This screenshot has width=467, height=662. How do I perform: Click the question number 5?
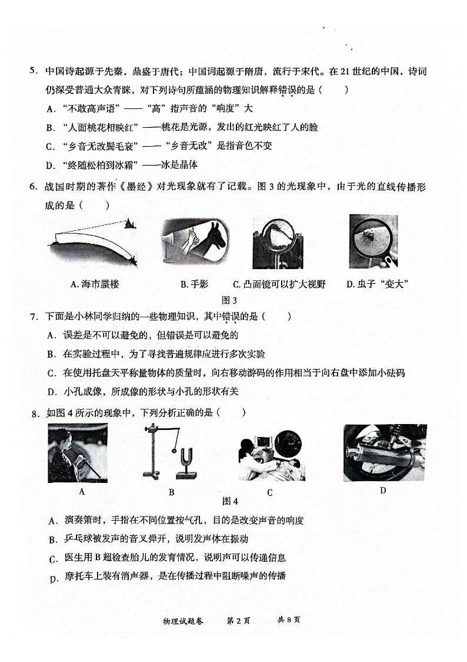tap(33, 72)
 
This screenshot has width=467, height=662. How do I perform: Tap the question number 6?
tap(34, 187)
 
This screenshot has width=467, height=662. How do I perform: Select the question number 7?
tap(34, 316)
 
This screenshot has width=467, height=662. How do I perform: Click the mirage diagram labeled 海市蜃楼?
tap(94, 241)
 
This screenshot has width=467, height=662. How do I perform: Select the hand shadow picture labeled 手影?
tap(190, 241)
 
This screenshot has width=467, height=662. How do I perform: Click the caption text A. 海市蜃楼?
tap(95, 284)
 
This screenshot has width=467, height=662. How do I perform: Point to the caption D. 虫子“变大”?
tap(377, 284)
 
